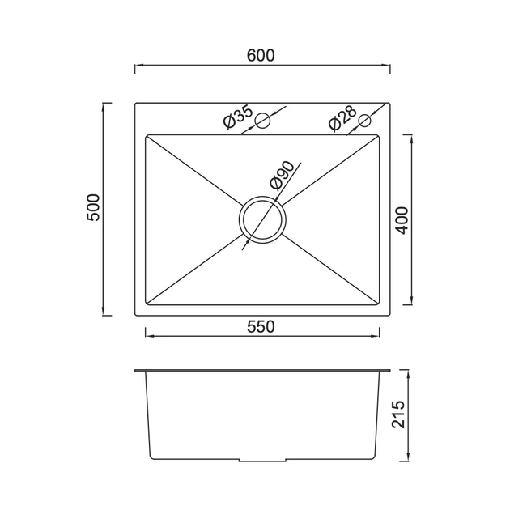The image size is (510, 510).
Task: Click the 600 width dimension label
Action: (x=261, y=55)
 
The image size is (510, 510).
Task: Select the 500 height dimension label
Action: (x=93, y=207)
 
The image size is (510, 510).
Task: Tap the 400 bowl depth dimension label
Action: (x=402, y=220)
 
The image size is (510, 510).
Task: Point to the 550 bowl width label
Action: (x=261, y=327)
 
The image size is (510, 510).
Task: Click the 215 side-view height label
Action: (x=398, y=414)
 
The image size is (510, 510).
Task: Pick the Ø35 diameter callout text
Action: (x=239, y=117)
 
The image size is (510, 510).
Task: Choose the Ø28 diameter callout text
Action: (x=343, y=118)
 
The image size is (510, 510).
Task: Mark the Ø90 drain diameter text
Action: (x=282, y=176)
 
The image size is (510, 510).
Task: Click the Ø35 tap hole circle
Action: (x=262, y=121)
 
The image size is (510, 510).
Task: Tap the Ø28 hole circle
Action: (x=364, y=121)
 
